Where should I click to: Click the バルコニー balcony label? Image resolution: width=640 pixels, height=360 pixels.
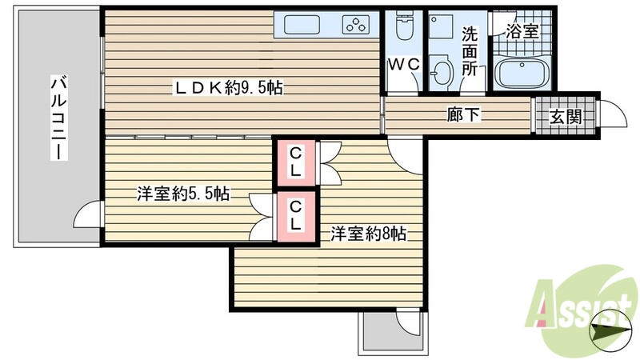coord(58,118)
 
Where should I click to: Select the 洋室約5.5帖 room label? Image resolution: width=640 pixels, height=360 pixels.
coord(183,193)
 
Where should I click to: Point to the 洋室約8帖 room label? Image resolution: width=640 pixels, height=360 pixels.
coord(370,234)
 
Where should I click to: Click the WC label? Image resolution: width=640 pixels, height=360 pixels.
coord(402,65)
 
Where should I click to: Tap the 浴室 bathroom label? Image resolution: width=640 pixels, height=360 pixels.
coord(522,33)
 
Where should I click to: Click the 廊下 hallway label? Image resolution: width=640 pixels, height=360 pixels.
coord(464,114)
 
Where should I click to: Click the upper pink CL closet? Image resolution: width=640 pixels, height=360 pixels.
coord(295,162)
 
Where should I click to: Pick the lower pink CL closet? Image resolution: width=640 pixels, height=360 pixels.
coord(295,216)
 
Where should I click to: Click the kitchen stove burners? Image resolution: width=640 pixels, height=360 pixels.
coord(357,25)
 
